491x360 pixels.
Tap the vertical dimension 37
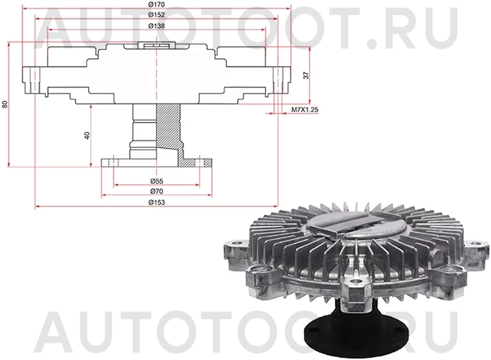coord(306,75)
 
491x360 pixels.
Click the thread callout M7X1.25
coord(305,110)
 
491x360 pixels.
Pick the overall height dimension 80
coord(5,104)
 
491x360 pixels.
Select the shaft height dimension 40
coord(87,135)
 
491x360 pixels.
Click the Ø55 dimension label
coord(156,181)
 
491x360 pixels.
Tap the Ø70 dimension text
coord(156,192)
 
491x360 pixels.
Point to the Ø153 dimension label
coord(156,202)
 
